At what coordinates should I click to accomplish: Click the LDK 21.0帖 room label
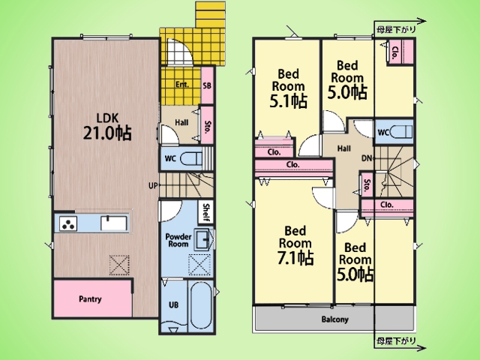tap(107, 127)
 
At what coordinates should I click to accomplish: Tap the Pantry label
tap(90, 299)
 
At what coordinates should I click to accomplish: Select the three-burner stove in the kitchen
tap(68, 223)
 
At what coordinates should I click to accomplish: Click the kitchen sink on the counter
tap(114, 223)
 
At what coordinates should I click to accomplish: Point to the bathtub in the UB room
tap(200, 305)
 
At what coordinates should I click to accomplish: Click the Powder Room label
tap(178, 241)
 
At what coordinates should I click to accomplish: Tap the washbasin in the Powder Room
tap(202, 239)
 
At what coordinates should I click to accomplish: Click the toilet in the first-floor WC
tap(191, 159)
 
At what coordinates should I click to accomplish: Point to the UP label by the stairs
tap(153, 185)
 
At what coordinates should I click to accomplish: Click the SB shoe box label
tap(207, 85)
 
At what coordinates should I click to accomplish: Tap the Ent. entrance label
tap(182, 85)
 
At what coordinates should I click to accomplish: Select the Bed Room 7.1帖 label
tap(295, 245)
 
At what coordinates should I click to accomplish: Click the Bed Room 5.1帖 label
tap(288, 88)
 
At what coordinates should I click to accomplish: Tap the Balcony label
tap(335, 319)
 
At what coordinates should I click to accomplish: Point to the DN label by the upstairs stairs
tap(367, 158)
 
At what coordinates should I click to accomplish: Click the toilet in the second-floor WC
tap(401, 132)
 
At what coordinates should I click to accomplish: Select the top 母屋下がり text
tap(397, 30)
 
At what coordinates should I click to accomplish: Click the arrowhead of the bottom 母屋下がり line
tap(422, 348)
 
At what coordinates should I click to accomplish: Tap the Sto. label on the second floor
tap(367, 185)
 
